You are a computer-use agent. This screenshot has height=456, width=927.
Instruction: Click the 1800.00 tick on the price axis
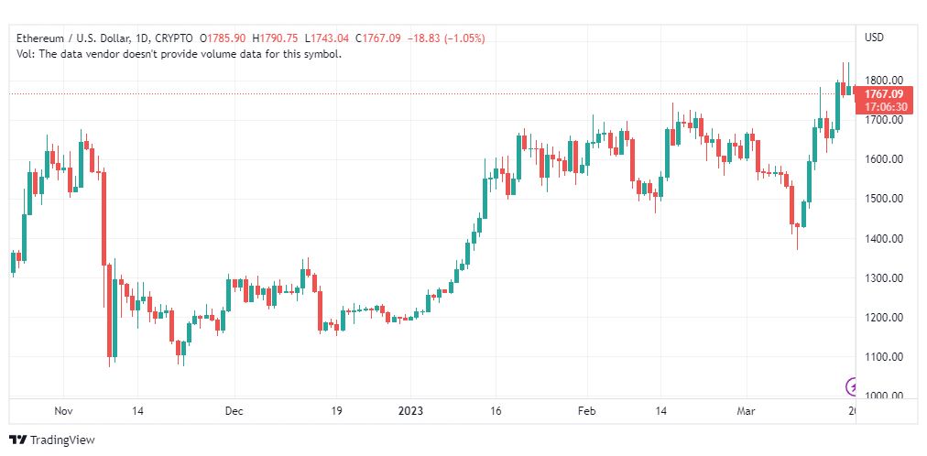click(884, 80)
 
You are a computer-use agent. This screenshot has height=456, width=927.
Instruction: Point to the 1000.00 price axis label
click(884, 396)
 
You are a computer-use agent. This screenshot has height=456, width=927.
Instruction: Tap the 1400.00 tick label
click(884, 238)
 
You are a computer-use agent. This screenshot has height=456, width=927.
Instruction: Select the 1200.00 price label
click(884, 317)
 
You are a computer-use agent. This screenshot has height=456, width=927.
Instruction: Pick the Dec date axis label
click(234, 411)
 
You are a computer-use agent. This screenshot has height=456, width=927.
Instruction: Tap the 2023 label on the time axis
click(411, 411)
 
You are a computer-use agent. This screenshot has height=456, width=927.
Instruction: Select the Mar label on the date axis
click(747, 411)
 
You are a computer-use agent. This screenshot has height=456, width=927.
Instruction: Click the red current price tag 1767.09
click(883, 94)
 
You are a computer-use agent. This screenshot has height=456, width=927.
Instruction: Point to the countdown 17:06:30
click(885, 107)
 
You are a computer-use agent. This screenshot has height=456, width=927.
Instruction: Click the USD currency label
click(875, 38)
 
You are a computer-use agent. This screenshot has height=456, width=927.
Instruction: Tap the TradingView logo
click(52, 440)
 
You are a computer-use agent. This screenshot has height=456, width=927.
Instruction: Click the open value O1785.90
click(223, 38)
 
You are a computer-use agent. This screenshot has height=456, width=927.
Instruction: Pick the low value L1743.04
click(327, 38)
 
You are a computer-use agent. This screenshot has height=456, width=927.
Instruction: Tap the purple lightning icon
click(851, 387)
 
